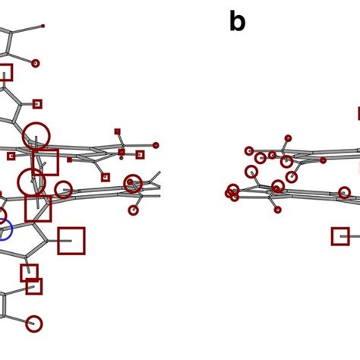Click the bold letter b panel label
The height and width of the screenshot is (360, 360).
pyautogui.click(x=237, y=22)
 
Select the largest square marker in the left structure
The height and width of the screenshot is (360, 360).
pyautogui.click(x=71, y=241)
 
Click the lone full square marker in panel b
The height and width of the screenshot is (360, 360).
pyautogui.click(x=340, y=236)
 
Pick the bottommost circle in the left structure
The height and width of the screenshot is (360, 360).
pyautogui.click(x=33, y=324)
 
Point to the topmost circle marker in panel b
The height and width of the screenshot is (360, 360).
pyautogui.click(x=288, y=138)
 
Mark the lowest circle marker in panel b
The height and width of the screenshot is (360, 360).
pyautogui.click(x=277, y=210)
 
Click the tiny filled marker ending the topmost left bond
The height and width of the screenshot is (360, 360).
pyautogui.click(x=43, y=26)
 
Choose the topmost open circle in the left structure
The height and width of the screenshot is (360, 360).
pyautogui.click(x=35, y=63)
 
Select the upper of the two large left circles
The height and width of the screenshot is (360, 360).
pyautogui.click(x=36, y=136)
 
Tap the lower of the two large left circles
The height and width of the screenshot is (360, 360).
pyautogui.click(x=31, y=182)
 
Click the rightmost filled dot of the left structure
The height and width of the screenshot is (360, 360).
pyautogui.click(x=156, y=145)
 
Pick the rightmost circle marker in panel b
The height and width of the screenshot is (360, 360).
pyautogui.click(x=345, y=192)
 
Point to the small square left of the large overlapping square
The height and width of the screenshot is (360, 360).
pyautogui.click(x=11, y=156)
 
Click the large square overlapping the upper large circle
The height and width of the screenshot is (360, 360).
pyautogui.click(x=46, y=163)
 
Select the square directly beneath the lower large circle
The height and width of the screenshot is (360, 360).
pyautogui.click(x=38, y=209)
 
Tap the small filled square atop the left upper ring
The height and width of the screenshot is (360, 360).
pyautogui.click(x=117, y=131)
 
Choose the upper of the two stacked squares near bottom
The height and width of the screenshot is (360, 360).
pyautogui.click(x=29, y=273)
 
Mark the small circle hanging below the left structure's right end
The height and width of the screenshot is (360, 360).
pyautogui.click(x=134, y=210)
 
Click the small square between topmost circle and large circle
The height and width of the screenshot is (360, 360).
pyautogui.click(x=37, y=104)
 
